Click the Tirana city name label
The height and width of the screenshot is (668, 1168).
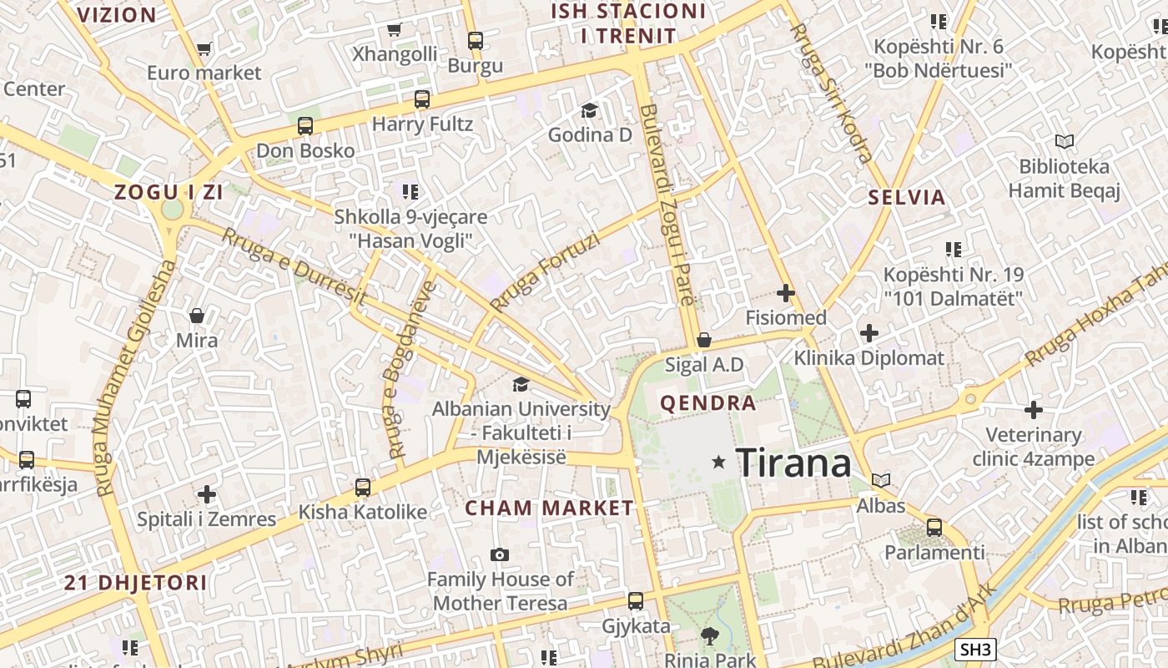click(x=793, y=463)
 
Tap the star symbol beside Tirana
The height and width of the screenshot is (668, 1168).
click(x=718, y=462)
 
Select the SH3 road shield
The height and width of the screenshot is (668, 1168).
click(x=975, y=650)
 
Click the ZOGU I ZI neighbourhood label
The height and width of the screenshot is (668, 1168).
click(x=169, y=192)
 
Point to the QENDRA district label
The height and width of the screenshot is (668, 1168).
click(x=708, y=403)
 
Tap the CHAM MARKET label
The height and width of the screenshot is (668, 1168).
click(x=549, y=508)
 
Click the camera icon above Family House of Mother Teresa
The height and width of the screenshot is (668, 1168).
click(x=500, y=554)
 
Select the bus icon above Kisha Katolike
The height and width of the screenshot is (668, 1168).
click(x=363, y=487)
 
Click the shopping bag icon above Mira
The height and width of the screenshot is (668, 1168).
click(x=197, y=316)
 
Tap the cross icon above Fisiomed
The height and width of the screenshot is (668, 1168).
click(x=785, y=293)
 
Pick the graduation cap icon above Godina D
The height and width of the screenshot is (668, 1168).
click(x=590, y=110)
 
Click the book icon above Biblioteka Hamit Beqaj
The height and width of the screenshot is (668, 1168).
click(x=1064, y=141)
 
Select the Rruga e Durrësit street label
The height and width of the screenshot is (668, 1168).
click(x=294, y=266)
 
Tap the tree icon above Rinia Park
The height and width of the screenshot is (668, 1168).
click(x=710, y=636)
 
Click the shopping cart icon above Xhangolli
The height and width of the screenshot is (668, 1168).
click(x=395, y=30)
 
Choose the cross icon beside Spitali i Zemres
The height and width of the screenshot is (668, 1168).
click(x=207, y=494)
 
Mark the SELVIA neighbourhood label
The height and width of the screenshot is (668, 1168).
click(x=907, y=198)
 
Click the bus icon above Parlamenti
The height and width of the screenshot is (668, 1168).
click(x=934, y=528)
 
